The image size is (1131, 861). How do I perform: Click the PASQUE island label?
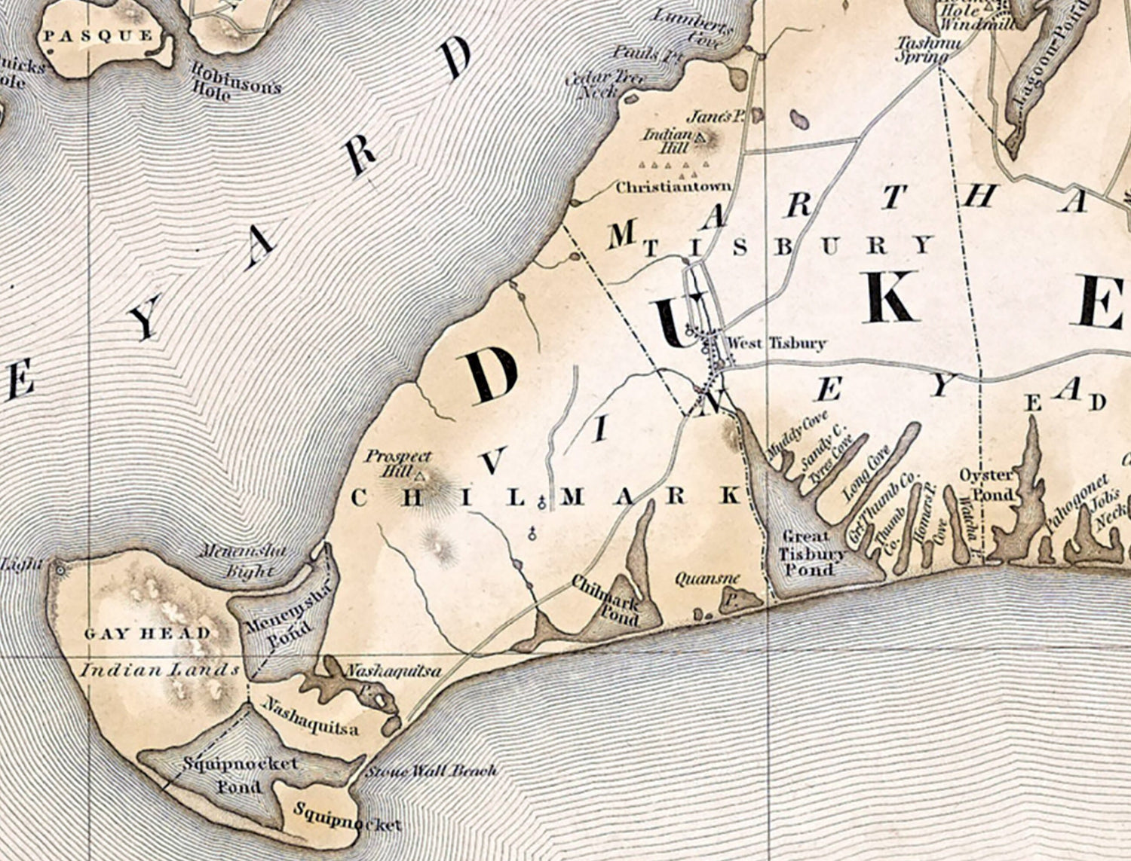click(98, 35)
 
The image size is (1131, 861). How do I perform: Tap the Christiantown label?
click(673, 187)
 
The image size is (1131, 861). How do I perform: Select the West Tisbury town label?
click(775, 343)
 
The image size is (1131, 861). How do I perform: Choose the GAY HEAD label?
click(147, 634)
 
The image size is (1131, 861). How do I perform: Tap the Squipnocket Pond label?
click(241, 774)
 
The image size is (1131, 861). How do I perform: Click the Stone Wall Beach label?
click(431, 771)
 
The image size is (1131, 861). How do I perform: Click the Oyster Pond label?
click(987, 484)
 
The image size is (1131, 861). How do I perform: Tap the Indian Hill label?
click(667, 140)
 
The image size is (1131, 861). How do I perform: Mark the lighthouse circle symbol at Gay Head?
click(60, 570)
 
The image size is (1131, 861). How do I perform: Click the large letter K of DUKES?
click(892, 297)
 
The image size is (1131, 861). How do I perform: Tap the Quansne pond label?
click(707, 579)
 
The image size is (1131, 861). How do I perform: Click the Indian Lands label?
click(160, 670)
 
